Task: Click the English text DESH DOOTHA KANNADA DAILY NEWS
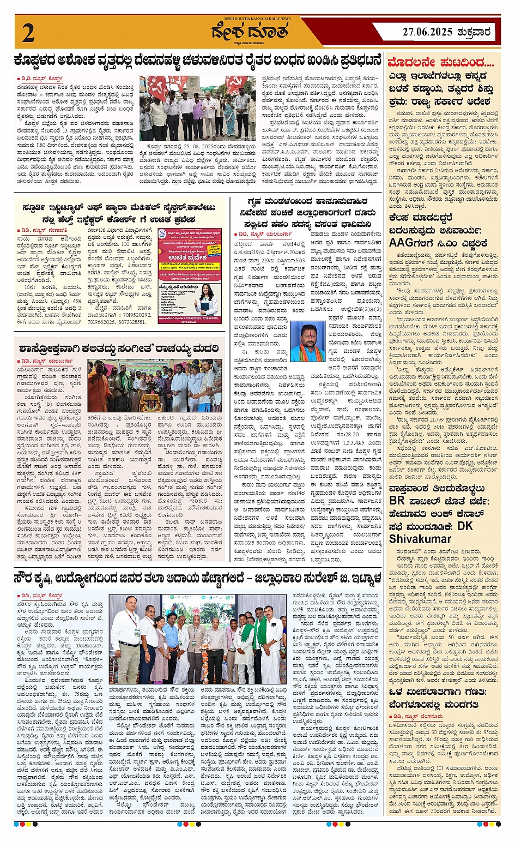coord(251,19)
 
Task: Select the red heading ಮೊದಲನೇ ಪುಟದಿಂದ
coord(441,62)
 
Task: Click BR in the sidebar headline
coord(397,500)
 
